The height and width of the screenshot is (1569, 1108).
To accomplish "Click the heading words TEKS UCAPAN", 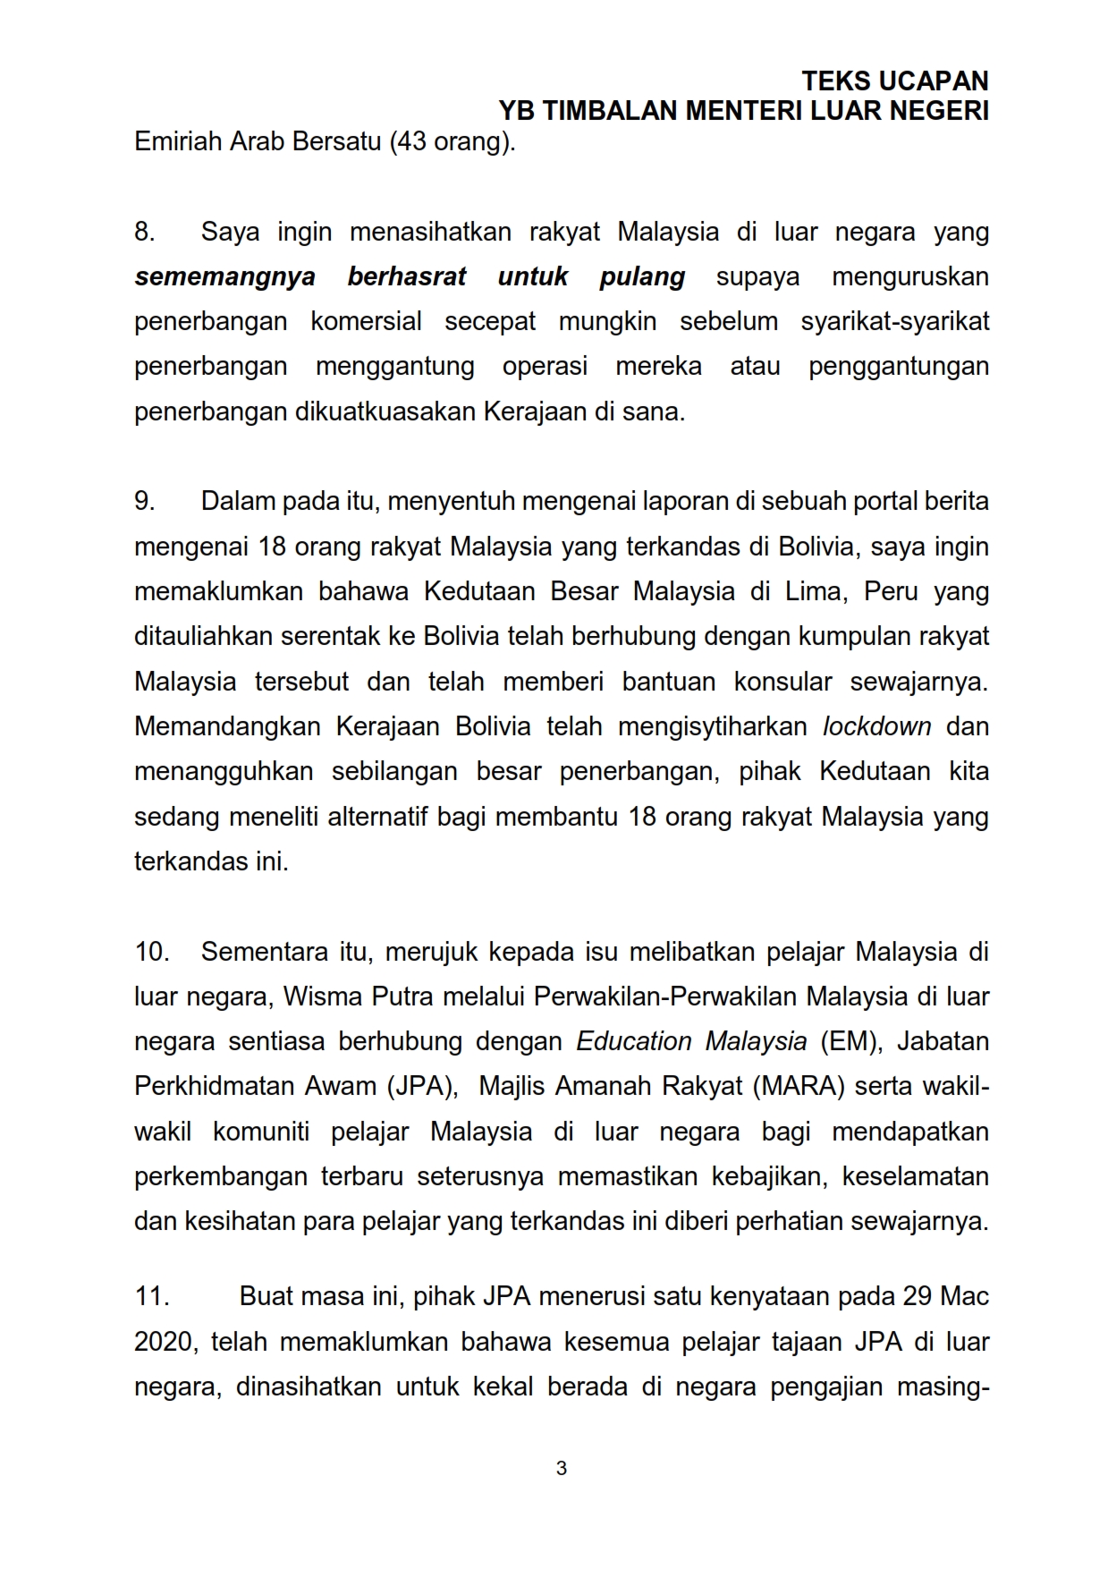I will click(x=894, y=81).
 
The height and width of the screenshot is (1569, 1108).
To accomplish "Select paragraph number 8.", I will click(x=144, y=233).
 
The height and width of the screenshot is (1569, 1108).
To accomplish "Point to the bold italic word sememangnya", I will click(x=225, y=277).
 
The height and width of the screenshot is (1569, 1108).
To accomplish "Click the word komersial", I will click(x=366, y=322).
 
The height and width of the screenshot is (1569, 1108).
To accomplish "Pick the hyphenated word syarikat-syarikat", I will click(x=894, y=322).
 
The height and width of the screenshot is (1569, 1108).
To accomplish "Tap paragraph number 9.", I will click(x=144, y=502).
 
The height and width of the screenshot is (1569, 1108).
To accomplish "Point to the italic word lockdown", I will click(x=876, y=726).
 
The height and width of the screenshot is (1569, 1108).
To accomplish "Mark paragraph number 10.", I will click(x=152, y=952).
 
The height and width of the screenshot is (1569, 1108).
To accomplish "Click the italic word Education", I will click(x=633, y=1042).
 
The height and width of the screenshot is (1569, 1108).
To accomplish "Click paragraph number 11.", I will click(x=152, y=1297).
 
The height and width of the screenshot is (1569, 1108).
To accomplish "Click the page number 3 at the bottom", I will click(x=561, y=1469).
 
